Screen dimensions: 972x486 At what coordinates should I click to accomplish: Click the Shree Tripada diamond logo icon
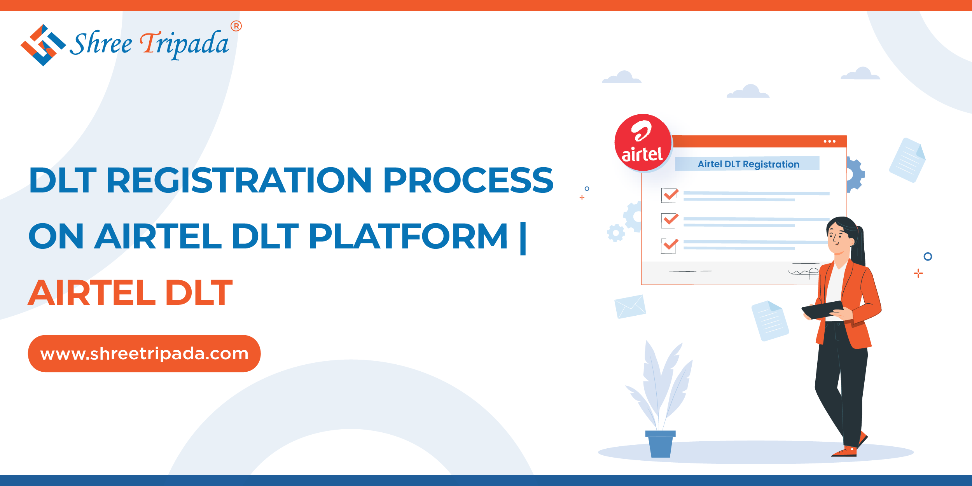coord(43,45)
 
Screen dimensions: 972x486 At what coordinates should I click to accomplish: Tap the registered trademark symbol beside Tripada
coord(236,26)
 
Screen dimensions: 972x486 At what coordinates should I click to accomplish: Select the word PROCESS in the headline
coord(468,180)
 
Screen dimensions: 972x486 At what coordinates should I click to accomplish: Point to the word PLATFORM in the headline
coord(408,236)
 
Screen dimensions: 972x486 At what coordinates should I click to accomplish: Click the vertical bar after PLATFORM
coord(523,238)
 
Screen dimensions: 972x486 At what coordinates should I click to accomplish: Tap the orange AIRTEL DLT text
coord(130,292)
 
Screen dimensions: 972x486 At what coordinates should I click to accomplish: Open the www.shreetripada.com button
coord(144,353)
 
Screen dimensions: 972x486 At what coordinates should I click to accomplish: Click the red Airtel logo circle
coord(643,142)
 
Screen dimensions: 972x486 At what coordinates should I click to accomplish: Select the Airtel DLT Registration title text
coord(748,164)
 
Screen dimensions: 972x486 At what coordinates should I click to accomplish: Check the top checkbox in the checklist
coord(669,195)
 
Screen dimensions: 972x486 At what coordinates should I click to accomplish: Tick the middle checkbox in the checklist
coord(669,220)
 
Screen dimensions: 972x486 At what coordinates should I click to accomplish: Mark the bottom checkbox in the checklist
coord(669,246)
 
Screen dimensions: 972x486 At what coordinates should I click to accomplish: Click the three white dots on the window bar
coord(829,141)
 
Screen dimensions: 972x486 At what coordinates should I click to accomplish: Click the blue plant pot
coord(660,444)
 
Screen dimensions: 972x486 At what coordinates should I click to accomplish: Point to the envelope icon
coord(630,306)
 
